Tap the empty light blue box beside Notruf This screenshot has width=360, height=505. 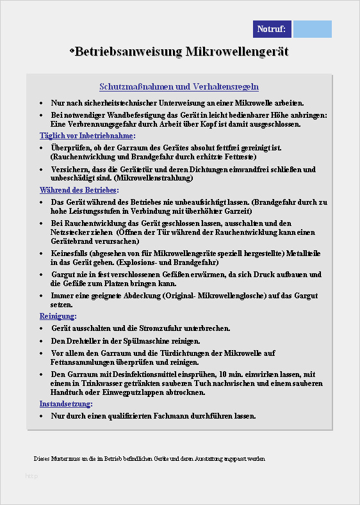(x=313, y=29)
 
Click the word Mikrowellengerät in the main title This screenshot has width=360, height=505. (x=237, y=51)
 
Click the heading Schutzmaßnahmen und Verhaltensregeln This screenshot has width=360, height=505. (x=179, y=86)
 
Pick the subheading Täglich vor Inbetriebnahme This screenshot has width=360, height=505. (x=88, y=136)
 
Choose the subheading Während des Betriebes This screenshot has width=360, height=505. (x=79, y=190)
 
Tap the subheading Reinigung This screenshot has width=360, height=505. (x=58, y=316)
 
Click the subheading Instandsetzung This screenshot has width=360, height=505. (x=66, y=404)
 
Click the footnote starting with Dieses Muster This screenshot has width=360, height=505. (x=149, y=459)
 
